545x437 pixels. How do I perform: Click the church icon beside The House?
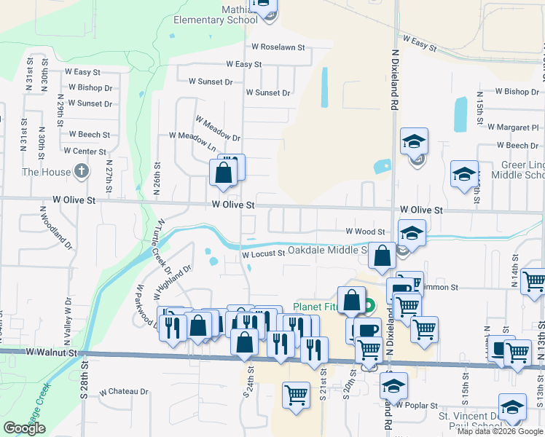82,172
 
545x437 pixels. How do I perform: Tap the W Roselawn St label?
278,47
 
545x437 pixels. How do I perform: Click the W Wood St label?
365,232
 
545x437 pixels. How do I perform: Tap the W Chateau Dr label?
124,391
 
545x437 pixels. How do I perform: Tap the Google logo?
24,428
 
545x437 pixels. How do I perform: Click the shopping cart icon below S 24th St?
296,395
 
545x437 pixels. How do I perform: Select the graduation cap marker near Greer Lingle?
464,174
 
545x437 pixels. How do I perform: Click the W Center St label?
85,151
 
